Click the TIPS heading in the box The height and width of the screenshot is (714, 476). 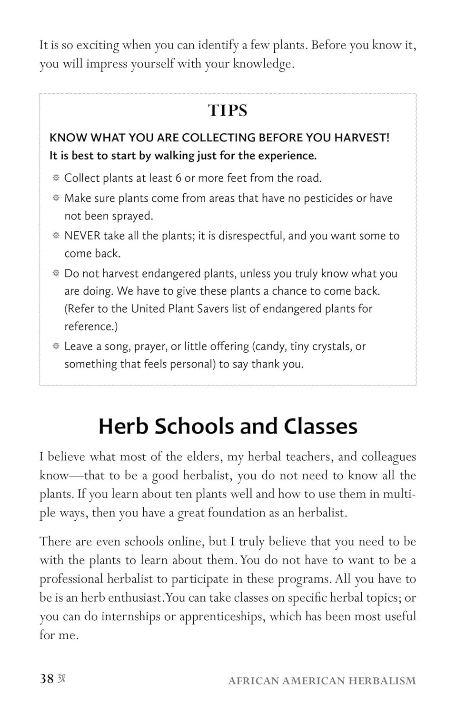click(228, 110)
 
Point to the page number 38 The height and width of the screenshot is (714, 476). click(47, 679)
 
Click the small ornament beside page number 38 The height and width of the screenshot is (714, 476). click(61, 679)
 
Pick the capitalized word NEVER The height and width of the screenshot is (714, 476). click(82, 236)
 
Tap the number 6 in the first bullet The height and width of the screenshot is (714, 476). click(178, 178)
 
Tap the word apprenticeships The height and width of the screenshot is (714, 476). click(219, 616)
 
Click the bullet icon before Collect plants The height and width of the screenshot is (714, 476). click(56, 178)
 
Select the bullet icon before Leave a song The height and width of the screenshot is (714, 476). click(56, 346)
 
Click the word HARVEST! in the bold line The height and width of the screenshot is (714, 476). click(361, 138)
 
